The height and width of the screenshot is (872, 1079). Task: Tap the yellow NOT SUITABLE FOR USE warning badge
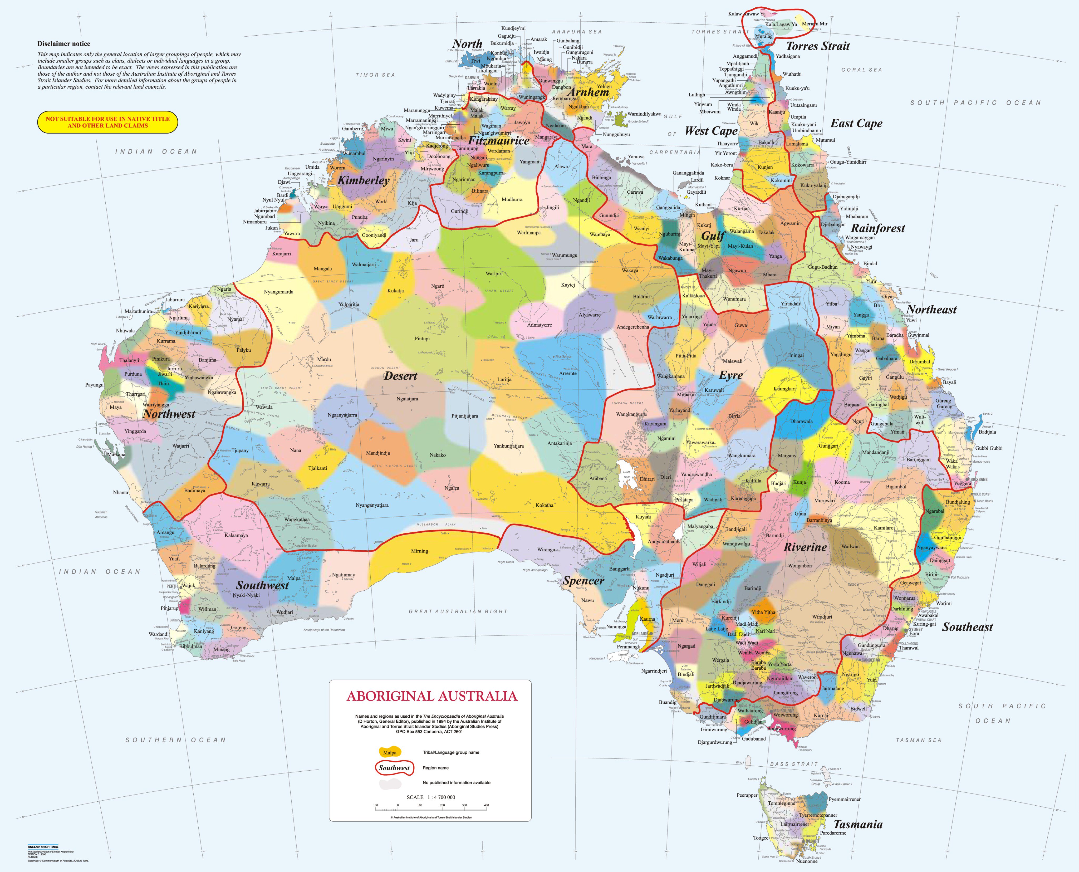pos(107,122)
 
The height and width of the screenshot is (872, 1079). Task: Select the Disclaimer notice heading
pos(64,44)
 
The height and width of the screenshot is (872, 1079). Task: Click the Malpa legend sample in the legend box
pos(390,752)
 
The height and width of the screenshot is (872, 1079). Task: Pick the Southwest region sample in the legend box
pos(394,767)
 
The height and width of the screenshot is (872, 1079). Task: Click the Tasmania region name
pos(857,824)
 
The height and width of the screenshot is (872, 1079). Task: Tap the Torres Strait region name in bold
pos(818,46)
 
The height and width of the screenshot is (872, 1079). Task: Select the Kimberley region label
pos(363,180)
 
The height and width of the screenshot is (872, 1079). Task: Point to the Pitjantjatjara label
pos(465,416)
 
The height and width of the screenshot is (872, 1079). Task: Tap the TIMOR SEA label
pos(375,75)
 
